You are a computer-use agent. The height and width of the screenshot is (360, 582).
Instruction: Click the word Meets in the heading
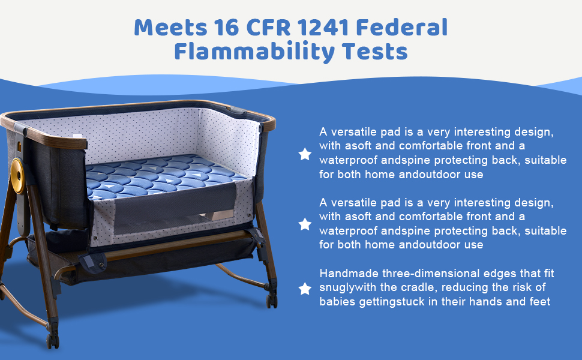coord(170,28)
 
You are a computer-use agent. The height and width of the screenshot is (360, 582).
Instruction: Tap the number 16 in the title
coord(226,28)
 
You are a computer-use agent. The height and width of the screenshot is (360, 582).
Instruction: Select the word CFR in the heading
coord(268,28)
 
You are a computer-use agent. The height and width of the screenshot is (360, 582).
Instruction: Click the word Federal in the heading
coord(401,28)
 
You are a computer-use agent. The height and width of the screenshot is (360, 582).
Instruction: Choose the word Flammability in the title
coord(254,51)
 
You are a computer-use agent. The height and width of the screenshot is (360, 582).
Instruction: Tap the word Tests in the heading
coord(374,51)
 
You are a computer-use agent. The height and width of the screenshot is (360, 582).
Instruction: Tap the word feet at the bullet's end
coord(539,301)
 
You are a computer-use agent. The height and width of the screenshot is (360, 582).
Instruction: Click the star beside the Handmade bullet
coord(305,289)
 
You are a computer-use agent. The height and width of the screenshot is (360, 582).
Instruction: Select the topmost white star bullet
coord(305,154)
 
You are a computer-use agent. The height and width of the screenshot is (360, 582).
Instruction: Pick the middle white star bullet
coord(305,224)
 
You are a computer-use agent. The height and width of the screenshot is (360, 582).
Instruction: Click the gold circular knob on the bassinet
coord(17,176)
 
